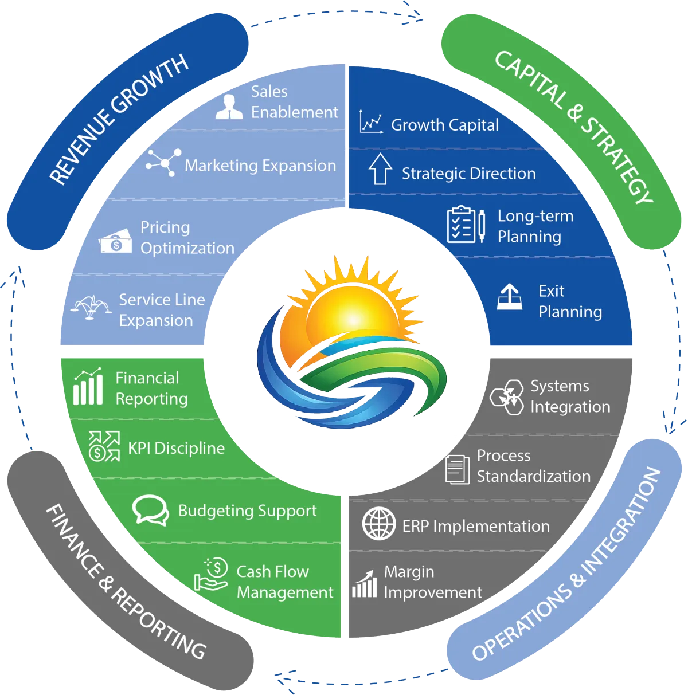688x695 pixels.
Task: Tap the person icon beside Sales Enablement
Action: pos(229,107)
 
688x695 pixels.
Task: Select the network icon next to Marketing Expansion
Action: pos(163,163)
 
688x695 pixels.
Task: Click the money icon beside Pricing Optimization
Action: pos(116,243)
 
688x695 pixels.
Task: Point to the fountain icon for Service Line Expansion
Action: pos(91,308)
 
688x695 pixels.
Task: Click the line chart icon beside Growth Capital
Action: pos(371,122)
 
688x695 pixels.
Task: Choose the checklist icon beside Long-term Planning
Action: pos(466,225)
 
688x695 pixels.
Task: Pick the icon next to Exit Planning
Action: pos(509,297)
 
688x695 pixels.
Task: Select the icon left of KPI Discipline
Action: pos(104,446)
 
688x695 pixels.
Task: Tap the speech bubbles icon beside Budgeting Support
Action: pos(150,510)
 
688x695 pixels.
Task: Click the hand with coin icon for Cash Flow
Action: pos(211,575)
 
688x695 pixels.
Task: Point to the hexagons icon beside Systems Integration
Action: pos(507,396)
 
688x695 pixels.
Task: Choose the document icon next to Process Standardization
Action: pos(458,469)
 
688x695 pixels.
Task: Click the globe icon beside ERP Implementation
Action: pos(379,524)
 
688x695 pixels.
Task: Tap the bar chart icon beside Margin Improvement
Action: pos(365,584)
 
